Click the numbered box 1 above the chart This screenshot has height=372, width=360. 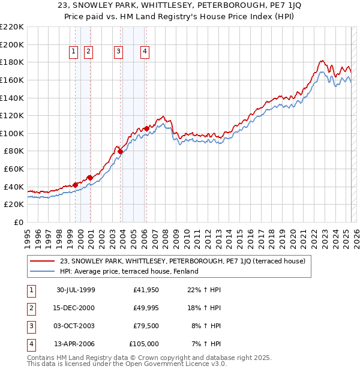tap(73, 52)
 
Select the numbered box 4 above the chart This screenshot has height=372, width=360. tap(145, 52)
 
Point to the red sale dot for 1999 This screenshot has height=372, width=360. tap(76, 185)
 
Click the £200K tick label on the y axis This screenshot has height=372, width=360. tap(12, 44)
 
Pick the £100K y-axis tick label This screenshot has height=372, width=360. tap(12, 133)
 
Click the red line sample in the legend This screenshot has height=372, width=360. tap(43, 261)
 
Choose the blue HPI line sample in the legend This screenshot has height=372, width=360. tap(43, 271)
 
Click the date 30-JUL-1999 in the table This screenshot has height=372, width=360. tap(76, 290)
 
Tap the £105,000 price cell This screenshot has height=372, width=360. tap(144, 344)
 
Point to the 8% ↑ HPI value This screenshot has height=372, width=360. tap(206, 326)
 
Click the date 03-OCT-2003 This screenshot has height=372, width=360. tap(76, 326)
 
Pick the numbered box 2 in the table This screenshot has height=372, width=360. tap(31, 308)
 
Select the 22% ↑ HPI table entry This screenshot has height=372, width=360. tap(204, 290)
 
